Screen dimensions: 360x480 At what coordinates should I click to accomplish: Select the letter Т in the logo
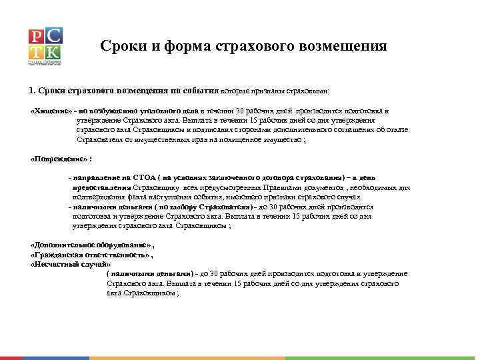[x=37, y=52]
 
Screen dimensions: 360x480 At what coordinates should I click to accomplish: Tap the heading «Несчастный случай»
[x=70, y=264]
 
